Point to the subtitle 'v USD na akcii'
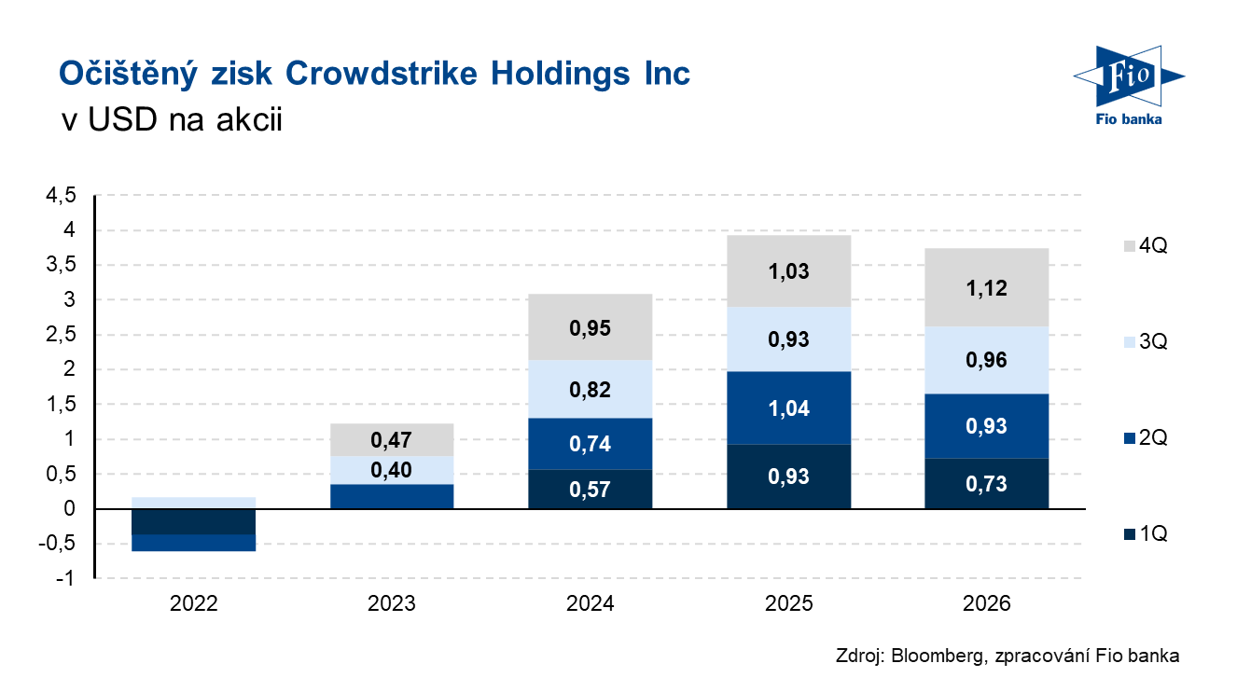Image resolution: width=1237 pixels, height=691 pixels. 170,121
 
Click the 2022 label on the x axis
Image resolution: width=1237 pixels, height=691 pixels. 194,603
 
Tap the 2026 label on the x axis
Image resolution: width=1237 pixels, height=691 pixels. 987,603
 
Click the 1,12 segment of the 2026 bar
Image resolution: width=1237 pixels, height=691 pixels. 987,287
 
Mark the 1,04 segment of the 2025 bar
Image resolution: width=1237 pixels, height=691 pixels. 788,408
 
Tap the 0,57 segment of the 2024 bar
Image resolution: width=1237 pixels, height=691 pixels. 590,489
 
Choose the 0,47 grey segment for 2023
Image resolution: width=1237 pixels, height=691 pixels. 392,439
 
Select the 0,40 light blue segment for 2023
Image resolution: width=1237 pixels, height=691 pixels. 392,470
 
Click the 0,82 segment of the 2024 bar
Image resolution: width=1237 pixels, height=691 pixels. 590,389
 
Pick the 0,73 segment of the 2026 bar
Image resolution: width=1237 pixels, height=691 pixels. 987,483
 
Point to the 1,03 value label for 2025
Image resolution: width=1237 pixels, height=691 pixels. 788,272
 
